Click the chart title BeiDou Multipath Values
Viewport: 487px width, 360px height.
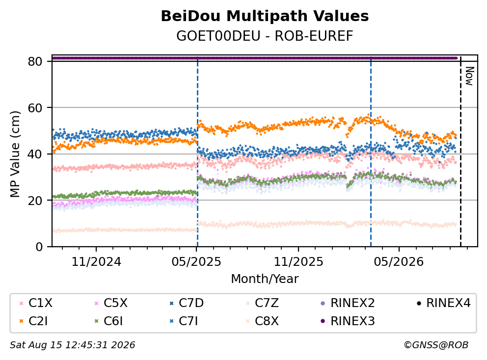point(265,16)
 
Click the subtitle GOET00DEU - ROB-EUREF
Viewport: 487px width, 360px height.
point(265,36)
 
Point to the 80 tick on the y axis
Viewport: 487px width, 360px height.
point(35,61)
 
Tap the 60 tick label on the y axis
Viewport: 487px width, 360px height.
point(35,108)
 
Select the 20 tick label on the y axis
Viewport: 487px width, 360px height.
point(35,201)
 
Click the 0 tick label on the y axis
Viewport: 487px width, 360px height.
point(39,247)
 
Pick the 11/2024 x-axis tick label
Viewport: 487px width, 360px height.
point(96,262)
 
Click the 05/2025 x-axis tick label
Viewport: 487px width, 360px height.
point(196,262)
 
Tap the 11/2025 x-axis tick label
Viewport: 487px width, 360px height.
point(298,262)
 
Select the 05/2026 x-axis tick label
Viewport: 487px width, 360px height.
point(399,262)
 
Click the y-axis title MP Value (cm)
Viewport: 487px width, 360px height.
point(15,154)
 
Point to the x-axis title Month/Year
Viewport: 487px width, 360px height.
point(265,279)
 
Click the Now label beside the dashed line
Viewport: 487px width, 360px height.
point(469,76)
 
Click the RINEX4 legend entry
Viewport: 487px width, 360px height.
point(443,303)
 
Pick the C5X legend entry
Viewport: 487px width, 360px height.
point(111,303)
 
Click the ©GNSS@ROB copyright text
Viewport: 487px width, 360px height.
point(436,345)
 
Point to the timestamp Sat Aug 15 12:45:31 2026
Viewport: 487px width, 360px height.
point(73,345)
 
